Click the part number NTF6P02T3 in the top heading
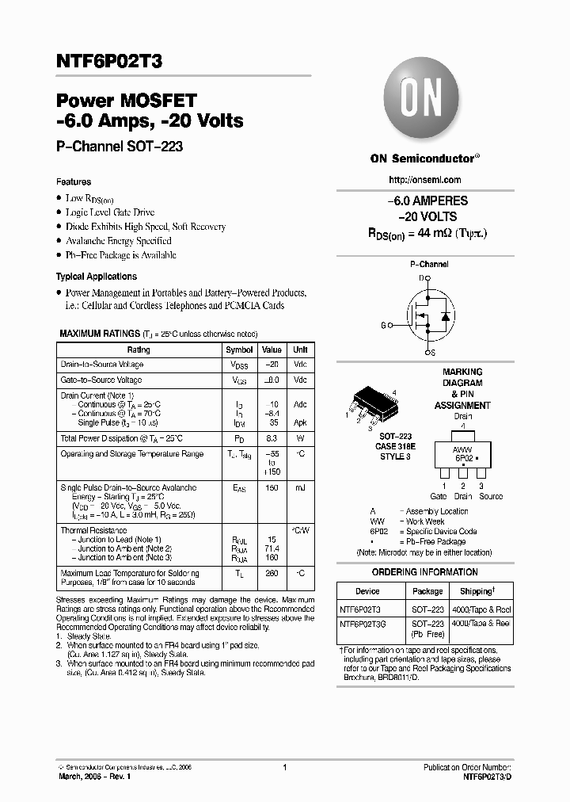coord(110,59)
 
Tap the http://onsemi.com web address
coord(424,180)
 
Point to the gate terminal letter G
coord(383,326)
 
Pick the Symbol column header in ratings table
coord(239,349)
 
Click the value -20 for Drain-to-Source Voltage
coord(272,365)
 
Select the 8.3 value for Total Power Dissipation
coord(272,438)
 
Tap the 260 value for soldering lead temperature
coord(272,573)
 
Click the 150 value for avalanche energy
coord(272,489)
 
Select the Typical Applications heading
coord(96,277)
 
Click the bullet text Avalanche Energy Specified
coord(118,241)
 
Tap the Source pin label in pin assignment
coord(490,497)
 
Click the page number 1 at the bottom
coord(284,767)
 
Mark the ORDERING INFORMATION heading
coord(424,572)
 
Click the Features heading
coord(73,181)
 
